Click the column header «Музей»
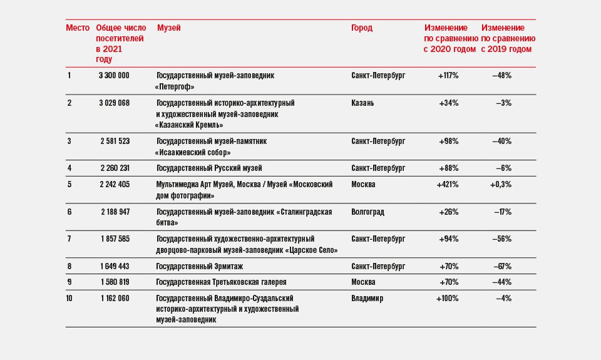point(168,28)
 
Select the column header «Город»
point(361,28)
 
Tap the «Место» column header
point(78,28)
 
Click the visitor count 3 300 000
point(114,76)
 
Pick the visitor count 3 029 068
point(114,103)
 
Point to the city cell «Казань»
point(362,103)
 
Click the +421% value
point(447,185)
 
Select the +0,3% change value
point(501,185)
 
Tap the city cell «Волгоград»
point(367,212)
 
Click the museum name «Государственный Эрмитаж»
point(199,267)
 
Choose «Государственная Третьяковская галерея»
point(221,282)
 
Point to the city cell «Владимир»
point(367,298)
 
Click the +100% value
point(447,298)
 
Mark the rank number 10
point(69,298)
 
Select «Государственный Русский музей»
point(209,168)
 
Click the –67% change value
point(502,267)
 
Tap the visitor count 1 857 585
point(115,239)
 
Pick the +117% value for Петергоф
point(448,76)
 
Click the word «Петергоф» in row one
point(175,87)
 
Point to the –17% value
point(503,212)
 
